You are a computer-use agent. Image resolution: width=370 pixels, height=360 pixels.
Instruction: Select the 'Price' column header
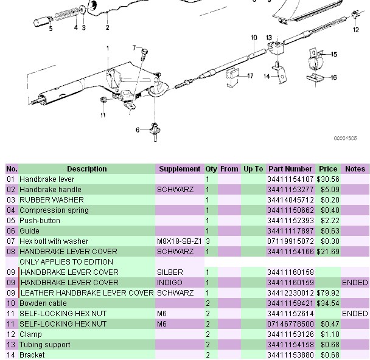[328, 169]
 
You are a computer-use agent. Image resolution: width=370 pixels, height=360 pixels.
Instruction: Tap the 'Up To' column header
[253, 169]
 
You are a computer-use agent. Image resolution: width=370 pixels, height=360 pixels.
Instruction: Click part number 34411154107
[290, 179]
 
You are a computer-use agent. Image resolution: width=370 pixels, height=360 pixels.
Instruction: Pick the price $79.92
[328, 292]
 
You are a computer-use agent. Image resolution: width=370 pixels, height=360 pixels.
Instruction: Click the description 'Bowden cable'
[43, 303]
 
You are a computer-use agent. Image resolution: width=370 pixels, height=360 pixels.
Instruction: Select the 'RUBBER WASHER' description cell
[52, 200]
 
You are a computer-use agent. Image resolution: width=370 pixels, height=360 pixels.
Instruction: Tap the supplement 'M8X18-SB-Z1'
[178, 241]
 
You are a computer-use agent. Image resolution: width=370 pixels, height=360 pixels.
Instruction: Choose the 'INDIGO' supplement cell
[170, 283]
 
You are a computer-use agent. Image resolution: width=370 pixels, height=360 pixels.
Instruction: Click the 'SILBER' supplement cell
[170, 272]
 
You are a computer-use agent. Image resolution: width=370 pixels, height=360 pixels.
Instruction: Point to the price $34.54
[328, 303]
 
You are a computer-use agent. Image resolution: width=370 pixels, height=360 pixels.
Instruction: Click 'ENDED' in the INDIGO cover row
[355, 283]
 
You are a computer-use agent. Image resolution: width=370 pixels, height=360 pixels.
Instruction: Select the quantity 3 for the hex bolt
[208, 241]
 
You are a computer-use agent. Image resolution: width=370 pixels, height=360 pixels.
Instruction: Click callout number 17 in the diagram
[250, 75]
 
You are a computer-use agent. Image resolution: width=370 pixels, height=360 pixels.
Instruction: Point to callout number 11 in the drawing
[103, 115]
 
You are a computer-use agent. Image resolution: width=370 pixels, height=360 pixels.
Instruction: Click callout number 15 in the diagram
[333, 55]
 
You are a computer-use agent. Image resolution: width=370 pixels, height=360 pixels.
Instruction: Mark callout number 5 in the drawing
[51, 28]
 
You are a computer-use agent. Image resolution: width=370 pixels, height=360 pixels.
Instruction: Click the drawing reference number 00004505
[344, 139]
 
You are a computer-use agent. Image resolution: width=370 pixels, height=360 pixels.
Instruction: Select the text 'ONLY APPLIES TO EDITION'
[66, 262]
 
